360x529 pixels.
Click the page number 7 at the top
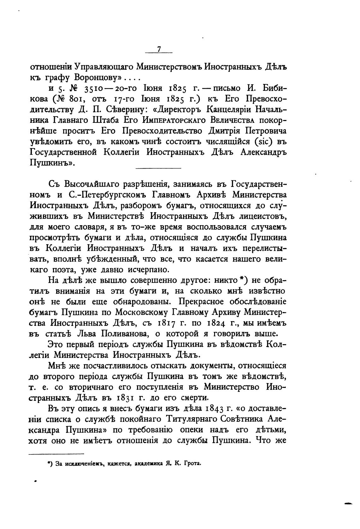pos(159,49)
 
